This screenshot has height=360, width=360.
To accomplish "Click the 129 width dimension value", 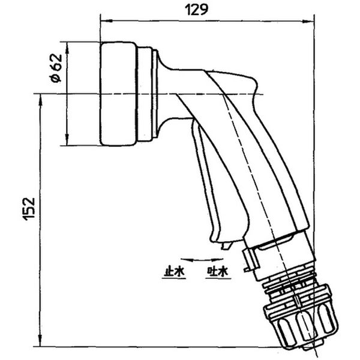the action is (x=196, y=10).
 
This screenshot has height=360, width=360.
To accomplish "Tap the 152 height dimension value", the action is (x=29, y=209).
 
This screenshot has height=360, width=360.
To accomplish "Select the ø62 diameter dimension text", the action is (x=56, y=68).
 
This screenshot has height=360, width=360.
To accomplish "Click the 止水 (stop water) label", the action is (x=174, y=272).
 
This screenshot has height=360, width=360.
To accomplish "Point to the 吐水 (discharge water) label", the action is (x=218, y=272).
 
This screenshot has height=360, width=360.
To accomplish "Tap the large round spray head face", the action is (x=118, y=94).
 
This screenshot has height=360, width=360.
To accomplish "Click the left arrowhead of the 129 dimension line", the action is (x=106, y=20).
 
